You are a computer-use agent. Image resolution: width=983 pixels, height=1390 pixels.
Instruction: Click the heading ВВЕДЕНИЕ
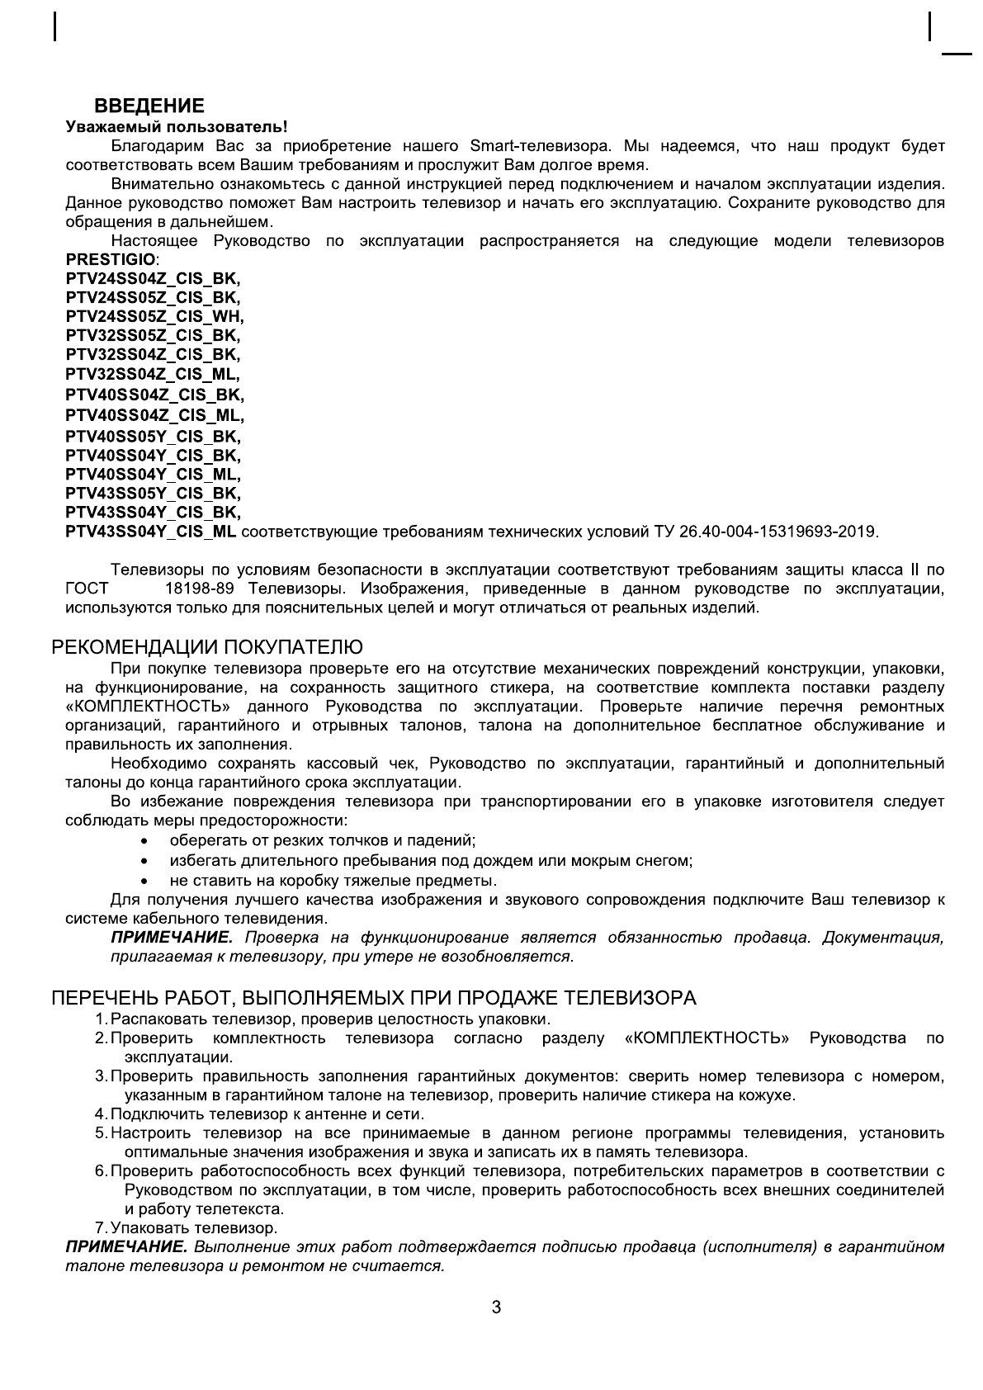point(149,106)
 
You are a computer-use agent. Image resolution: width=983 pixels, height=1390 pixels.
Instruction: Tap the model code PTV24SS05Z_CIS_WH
point(154,316)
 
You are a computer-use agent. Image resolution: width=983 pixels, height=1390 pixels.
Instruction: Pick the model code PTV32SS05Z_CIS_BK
point(152,336)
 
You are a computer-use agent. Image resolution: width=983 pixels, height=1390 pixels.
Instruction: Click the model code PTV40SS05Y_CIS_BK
point(152,436)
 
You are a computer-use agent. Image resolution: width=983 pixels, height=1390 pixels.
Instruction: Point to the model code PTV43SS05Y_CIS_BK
point(152,494)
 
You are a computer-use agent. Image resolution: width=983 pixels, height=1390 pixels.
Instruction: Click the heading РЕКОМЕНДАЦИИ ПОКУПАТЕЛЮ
point(207,646)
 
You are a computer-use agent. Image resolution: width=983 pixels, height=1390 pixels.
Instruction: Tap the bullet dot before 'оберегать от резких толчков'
point(145,842)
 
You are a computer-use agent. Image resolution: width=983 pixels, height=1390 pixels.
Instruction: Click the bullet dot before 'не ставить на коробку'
point(145,882)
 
